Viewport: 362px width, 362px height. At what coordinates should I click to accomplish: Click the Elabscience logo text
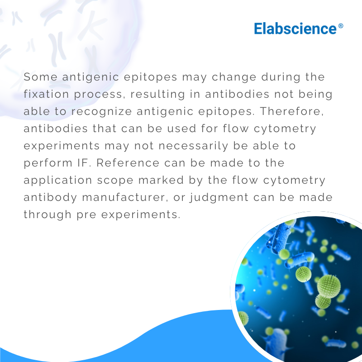(x=295, y=29)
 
